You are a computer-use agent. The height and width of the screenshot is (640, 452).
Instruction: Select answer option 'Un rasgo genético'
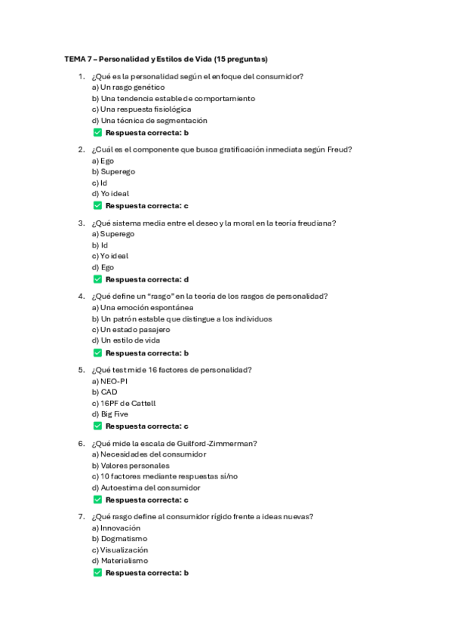click(128, 88)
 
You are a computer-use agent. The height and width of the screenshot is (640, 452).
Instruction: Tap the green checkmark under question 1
click(97, 132)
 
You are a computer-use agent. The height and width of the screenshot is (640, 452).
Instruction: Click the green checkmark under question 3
click(97, 279)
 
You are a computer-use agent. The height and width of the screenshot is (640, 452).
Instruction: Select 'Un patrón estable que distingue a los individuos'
click(182, 318)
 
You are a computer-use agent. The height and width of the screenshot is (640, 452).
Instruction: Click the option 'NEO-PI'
click(109, 381)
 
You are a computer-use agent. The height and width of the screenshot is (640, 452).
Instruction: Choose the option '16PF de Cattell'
click(124, 403)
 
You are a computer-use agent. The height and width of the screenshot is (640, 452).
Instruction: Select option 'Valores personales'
click(131, 466)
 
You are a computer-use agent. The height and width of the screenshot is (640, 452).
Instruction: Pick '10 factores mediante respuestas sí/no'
click(165, 476)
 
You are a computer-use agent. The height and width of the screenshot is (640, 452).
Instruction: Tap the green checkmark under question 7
click(97, 573)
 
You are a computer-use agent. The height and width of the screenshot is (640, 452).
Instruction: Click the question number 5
click(81, 370)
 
